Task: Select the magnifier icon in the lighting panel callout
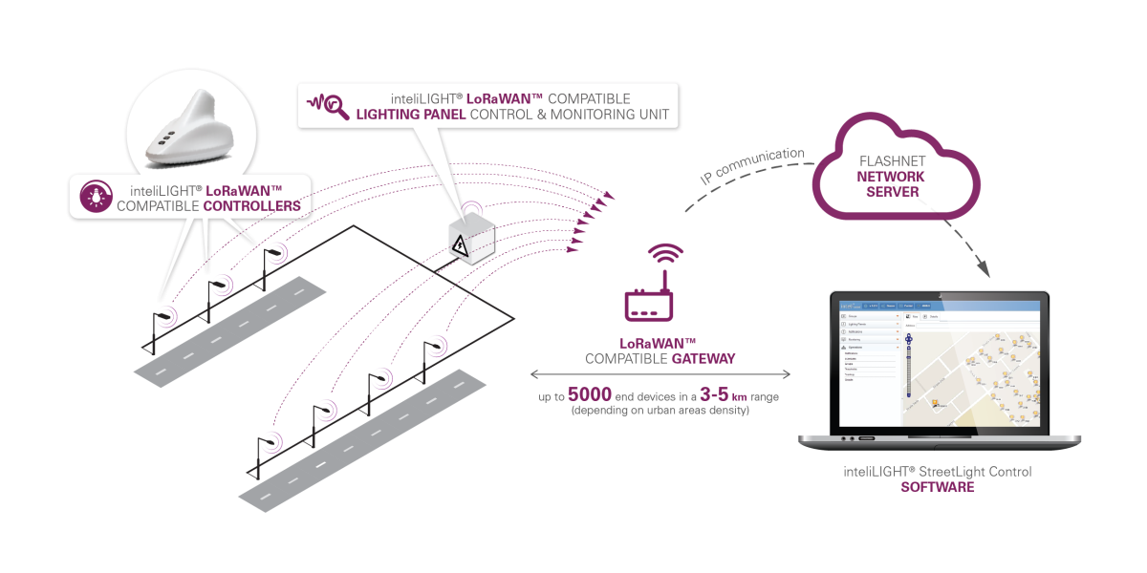330,106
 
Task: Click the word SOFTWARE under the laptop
937,487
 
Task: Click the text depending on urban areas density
660,410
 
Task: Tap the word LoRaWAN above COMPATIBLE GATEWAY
658,343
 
